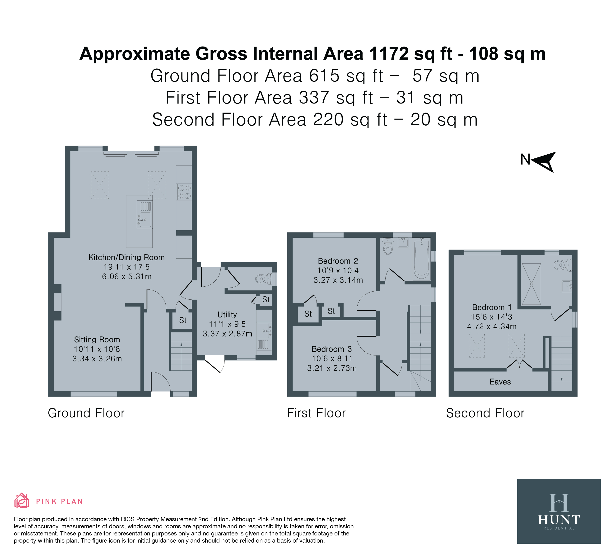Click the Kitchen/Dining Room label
click(x=127, y=257)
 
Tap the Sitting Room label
click(x=97, y=340)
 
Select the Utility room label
click(x=227, y=314)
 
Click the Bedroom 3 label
click(x=332, y=349)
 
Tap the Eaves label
click(x=500, y=382)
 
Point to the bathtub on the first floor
click(x=422, y=259)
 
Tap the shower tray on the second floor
click(x=532, y=284)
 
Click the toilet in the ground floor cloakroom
click(x=263, y=278)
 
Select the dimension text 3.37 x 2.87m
click(x=228, y=334)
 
